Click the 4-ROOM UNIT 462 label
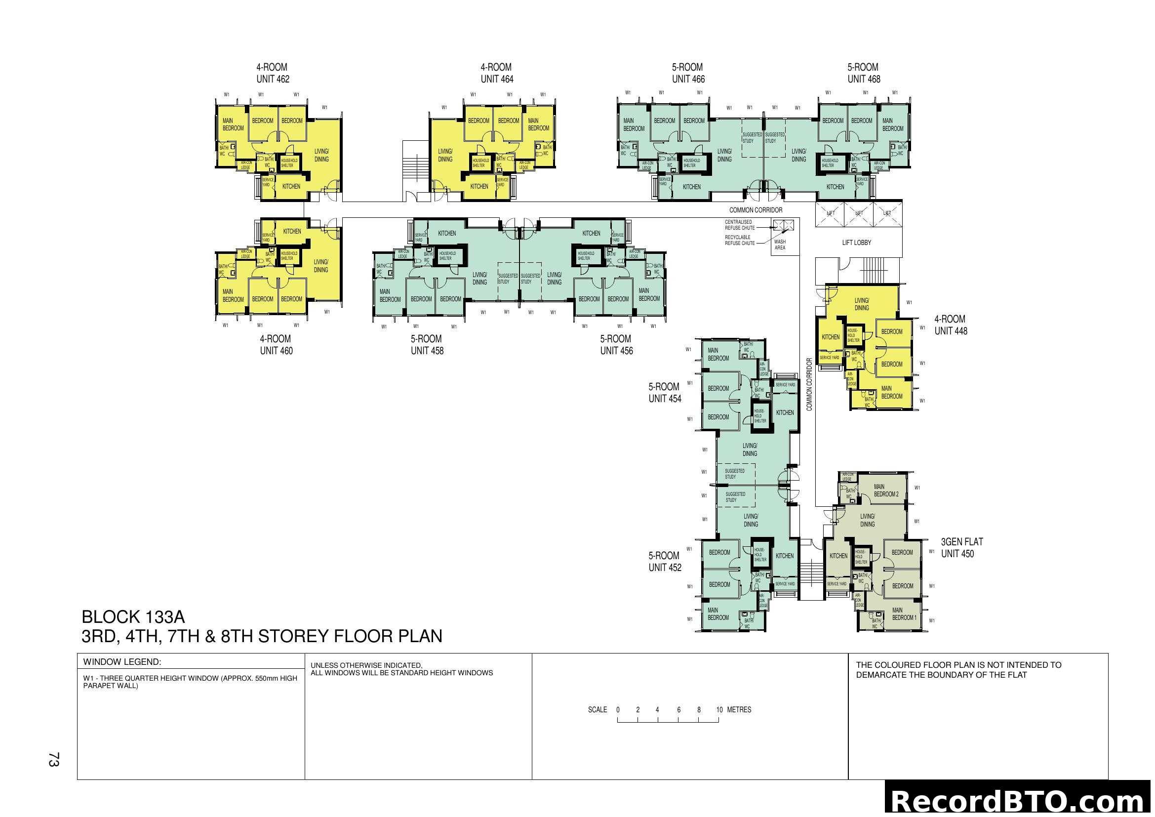coord(273,73)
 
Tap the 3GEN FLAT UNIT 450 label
coord(961,548)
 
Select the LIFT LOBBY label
coord(856,243)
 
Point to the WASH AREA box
coord(780,245)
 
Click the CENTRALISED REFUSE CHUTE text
coord(739,225)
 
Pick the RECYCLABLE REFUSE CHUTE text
coord(739,240)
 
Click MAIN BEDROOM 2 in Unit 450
coord(886,490)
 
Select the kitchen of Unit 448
coord(830,337)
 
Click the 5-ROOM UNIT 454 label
coord(665,393)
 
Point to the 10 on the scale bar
coord(719,710)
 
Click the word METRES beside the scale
coord(739,710)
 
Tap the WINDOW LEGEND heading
coord(122,662)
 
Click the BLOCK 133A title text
coord(133,617)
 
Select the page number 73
coord(53,760)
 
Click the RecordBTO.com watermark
coord(1019,801)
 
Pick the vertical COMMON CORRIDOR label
coord(809,384)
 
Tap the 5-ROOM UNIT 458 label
coord(427,345)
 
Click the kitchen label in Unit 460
coord(292,231)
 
